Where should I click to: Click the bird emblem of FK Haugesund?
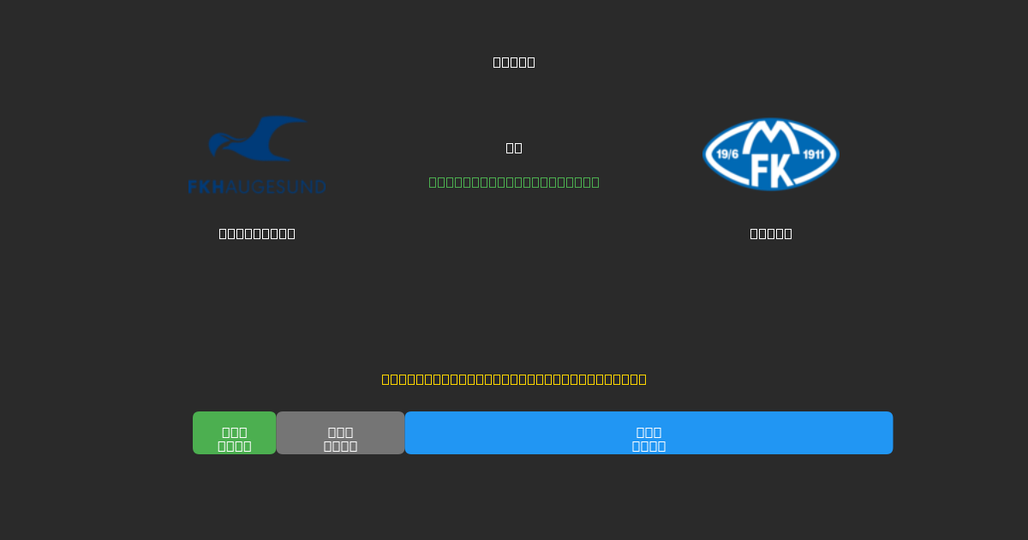pyautogui.click(x=257, y=141)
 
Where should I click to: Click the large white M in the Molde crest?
pyautogui.click(x=771, y=135)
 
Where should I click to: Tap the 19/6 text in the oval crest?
pyautogui.click(x=727, y=155)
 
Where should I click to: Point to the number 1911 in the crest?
pyautogui.click(x=814, y=155)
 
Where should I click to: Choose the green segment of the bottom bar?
pyautogui.click(x=234, y=433)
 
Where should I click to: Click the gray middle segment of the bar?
pyautogui.click(x=340, y=433)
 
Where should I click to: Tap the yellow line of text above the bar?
pyautogui.click(x=514, y=379)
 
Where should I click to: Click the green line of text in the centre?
pyautogui.click(x=514, y=182)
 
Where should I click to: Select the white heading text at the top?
pyautogui.click(x=514, y=62)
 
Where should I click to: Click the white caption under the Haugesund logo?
pyautogui.click(x=257, y=233)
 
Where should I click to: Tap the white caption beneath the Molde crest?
pyautogui.click(x=771, y=233)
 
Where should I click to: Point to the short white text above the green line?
pyautogui.click(x=514, y=147)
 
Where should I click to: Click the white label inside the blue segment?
pyautogui.click(x=648, y=439)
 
